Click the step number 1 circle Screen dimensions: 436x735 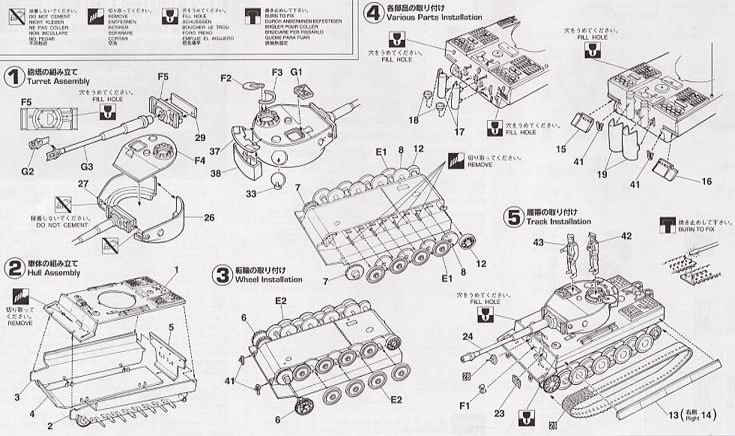tap(13, 77)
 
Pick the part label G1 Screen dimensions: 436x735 tap(297, 73)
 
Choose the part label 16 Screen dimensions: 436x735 tap(686, 181)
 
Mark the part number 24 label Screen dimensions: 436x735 tap(468, 336)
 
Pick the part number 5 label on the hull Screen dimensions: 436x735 tap(172, 327)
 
